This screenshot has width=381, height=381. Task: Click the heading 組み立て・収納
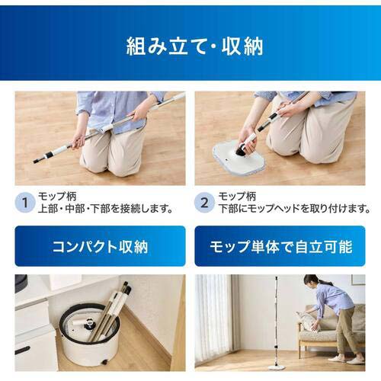click(194, 46)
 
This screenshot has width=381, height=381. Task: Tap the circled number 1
click(25, 203)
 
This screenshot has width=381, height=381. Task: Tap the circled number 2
click(204, 203)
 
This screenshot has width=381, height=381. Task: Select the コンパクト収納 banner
click(100, 246)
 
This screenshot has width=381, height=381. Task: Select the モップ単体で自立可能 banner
click(280, 246)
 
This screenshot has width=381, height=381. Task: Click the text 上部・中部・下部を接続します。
click(105, 209)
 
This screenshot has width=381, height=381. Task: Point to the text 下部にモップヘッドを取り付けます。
click(294, 209)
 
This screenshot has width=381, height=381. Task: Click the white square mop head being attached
click(239, 155)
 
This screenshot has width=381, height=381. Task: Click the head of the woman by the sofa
click(312, 280)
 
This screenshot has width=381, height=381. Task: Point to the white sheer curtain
click(214, 315)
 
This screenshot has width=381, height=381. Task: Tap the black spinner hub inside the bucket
click(89, 323)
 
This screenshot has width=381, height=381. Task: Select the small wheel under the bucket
click(104, 362)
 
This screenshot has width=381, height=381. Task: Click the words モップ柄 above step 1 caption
click(57, 196)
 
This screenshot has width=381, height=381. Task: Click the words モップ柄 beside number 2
click(237, 196)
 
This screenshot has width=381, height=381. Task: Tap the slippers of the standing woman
click(346, 360)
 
